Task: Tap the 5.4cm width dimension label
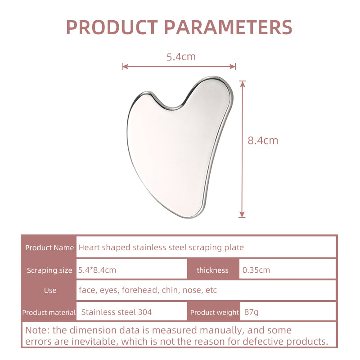coord(181,57)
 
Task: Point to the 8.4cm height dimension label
coord(263,140)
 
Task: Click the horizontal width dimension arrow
coord(179,67)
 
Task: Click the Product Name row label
coord(49,247)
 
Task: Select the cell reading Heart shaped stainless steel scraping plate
coord(161,247)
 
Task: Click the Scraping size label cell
coord(49,270)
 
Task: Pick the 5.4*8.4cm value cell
coord(97,270)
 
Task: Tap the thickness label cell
coord(212,270)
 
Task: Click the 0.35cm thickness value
coord(256,270)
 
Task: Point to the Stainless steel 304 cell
coord(117,312)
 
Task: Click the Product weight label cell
coord(214,312)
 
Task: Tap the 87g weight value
coord(249,312)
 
